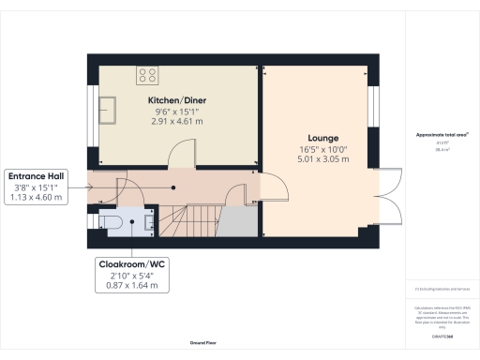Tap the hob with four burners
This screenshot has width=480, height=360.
point(148,72)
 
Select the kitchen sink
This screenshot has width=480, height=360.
point(110,109)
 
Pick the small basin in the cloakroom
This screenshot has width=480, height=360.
point(150,222)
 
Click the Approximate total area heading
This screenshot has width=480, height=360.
point(441,135)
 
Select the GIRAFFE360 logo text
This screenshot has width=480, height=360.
point(441,336)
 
